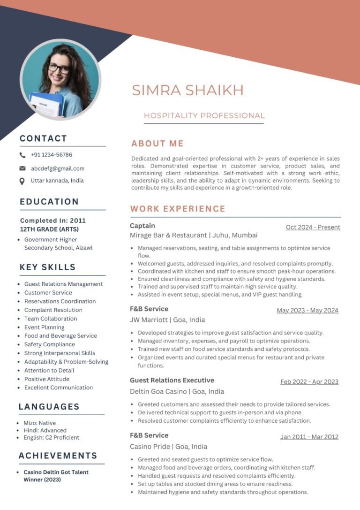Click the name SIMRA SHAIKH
click(x=187, y=90)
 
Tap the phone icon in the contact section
click(x=22, y=155)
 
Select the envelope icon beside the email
click(x=22, y=168)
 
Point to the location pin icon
click(x=22, y=181)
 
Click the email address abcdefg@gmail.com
click(x=58, y=168)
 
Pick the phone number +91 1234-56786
click(x=52, y=155)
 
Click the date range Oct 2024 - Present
click(x=313, y=227)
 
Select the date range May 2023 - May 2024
click(x=307, y=310)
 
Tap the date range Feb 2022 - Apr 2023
click(x=309, y=381)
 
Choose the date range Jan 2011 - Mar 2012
click(x=309, y=437)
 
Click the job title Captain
click(x=142, y=226)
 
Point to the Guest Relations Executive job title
click(x=172, y=380)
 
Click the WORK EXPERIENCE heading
click(x=178, y=209)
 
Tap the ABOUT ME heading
click(x=157, y=144)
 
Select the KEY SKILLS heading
click(x=47, y=267)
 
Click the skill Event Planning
click(x=45, y=327)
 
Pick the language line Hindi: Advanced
click(x=45, y=430)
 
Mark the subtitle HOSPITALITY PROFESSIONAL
click(x=204, y=115)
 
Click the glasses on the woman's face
click(x=59, y=68)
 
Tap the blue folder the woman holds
click(x=45, y=104)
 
